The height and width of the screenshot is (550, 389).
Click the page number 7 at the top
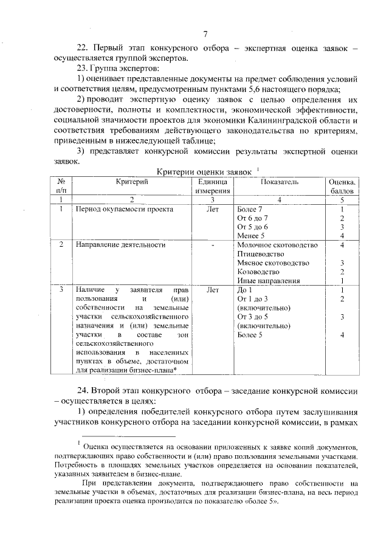coord(205,34)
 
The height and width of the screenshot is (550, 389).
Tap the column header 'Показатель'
coord(279,182)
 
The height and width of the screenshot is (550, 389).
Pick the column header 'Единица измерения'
coord(213,186)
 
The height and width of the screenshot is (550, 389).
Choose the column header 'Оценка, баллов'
coord(342,186)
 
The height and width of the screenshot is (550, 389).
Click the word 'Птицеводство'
coord(261,253)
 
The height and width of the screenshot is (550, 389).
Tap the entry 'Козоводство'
coord(259,272)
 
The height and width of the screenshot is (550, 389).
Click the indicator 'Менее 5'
coord(252,236)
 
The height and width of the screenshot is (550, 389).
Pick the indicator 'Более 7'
coord(250,209)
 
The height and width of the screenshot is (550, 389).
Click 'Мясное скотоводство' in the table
coord(273,263)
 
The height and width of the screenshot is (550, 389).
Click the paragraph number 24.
coord(83,390)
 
